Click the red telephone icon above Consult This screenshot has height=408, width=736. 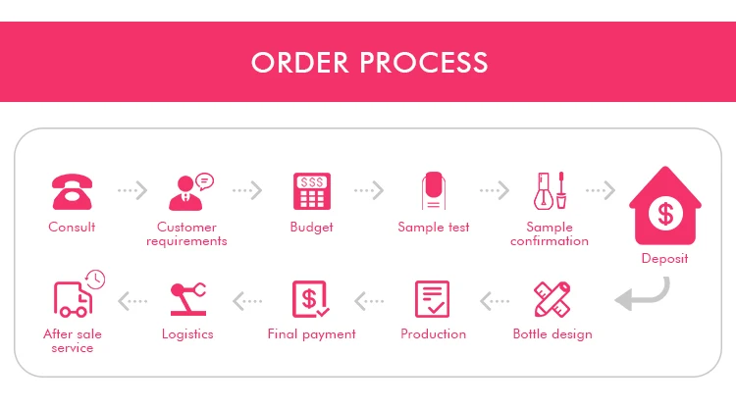click(72, 191)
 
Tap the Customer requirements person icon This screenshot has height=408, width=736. click(190, 191)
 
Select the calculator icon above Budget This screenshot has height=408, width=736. click(311, 191)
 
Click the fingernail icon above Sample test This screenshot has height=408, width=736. click(433, 191)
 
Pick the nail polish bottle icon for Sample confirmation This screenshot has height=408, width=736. click(550, 191)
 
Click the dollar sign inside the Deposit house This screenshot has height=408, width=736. click(665, 213)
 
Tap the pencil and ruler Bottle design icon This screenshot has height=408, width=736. click(552, 299)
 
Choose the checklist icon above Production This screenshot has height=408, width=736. click(433, 299)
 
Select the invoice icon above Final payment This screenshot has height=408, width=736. click(311, 299)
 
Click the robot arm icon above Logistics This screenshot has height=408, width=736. click(187, 299)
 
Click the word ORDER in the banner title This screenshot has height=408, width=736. click(300, 63)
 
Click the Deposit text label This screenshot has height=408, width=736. click(664, 259)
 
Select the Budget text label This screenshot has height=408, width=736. click(311, 228)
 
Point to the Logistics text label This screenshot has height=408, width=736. click(187, 334)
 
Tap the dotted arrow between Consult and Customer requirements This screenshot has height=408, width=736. click(132, 189)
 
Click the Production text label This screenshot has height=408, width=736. click(433, 334)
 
